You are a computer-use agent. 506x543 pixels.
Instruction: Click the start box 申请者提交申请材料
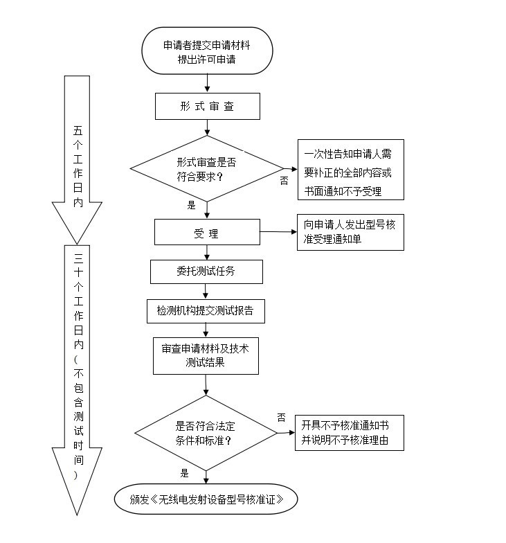tap(207, 51)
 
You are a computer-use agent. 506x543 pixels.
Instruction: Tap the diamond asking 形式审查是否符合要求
tap(207, 168)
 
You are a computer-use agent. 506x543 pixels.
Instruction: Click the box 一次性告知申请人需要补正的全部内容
tap(350, 169)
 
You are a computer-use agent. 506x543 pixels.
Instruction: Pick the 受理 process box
tap(206, 233)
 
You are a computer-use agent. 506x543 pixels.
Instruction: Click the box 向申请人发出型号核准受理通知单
tap(350, 232)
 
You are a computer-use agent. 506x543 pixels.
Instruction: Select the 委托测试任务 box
tap(206, 271)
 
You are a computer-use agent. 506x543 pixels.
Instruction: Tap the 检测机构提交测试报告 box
tap(206, 311)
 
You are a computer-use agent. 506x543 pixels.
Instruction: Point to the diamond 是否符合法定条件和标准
tap(205, 433)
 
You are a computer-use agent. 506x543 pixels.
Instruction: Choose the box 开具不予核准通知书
tap(349, 433)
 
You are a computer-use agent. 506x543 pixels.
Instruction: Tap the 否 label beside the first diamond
tap(284, 181)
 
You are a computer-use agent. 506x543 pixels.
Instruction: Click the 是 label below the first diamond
tap(191, 205)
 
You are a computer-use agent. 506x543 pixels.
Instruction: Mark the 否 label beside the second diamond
tap(281, 417)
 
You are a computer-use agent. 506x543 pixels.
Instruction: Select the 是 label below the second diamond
tap(185, 474)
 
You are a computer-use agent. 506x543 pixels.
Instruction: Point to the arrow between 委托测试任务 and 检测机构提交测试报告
tap(206, 291)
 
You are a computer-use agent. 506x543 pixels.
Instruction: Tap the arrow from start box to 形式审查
tap(207, 84)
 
